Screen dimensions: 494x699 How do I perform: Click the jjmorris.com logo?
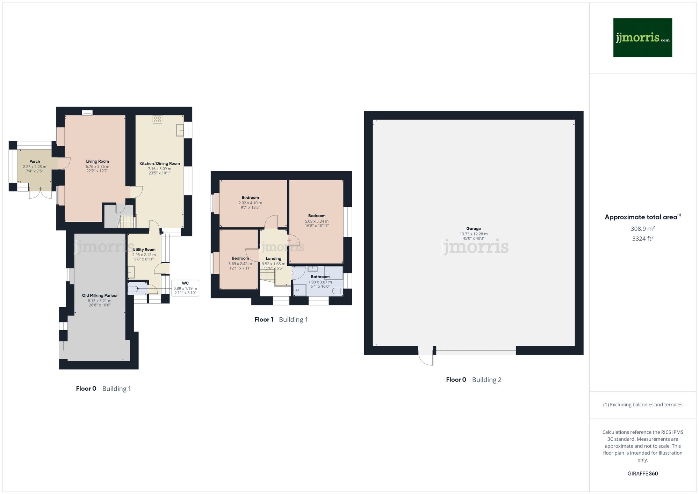point(642,38)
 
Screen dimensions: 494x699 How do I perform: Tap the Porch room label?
point(35,162)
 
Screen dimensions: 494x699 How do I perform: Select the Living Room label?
point(98,161)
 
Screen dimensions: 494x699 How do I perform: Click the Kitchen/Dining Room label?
point(159,163)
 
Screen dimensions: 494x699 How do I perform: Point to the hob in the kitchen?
point(157,119)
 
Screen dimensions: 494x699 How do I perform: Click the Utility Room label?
point(144,250)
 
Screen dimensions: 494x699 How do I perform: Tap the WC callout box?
point(185,288)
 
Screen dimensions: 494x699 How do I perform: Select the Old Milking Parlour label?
point(100,295)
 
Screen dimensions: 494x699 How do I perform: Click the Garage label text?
point(474,229)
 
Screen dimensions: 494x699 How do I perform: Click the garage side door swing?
point(426,358)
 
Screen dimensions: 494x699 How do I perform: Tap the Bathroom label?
point(320,277)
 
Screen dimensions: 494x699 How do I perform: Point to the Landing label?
point(273,259)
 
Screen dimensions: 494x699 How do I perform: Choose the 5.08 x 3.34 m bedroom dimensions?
point(317,221)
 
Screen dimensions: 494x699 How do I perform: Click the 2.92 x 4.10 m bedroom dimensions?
point(250,203)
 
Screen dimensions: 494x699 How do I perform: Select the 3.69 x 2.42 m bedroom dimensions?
point(240,264)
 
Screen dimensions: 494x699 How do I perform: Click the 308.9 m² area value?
point(642,229)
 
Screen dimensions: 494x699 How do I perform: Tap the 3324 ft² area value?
point(642,239)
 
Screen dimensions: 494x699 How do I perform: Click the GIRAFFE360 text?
point(642,474)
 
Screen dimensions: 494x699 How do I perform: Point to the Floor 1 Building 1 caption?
point(281,319)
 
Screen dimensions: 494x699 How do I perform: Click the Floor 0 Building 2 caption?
point(474,380)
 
